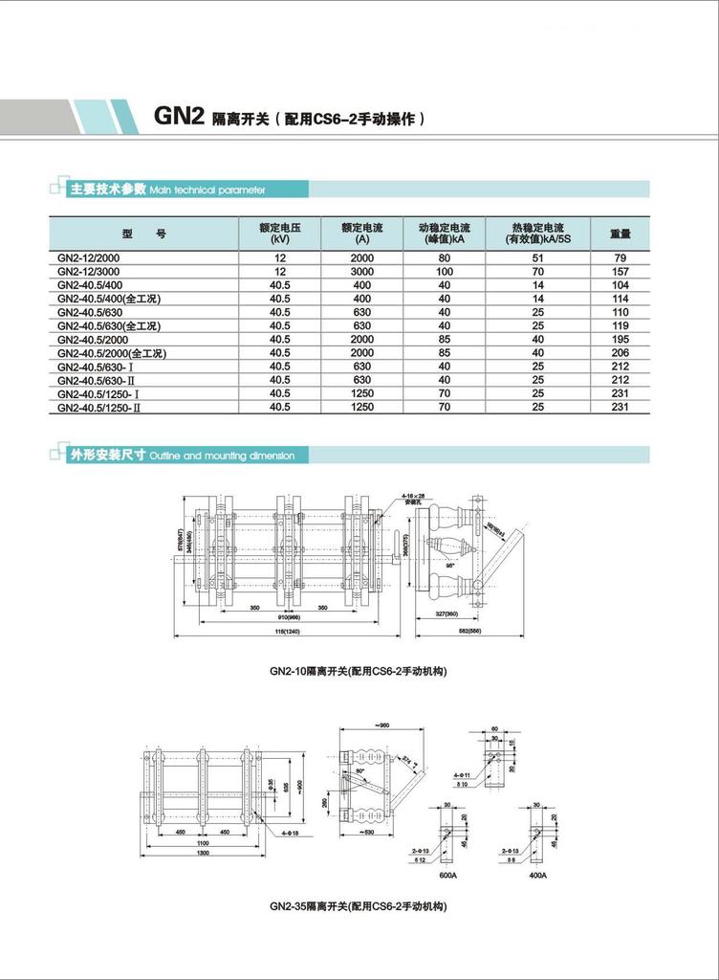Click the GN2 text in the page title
(x=176, y=117)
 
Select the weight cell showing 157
(x=619, y=272)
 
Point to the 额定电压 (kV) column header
(x=279, y=234)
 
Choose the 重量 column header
(x=620, y=233)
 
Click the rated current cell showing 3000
(x=361, y=272)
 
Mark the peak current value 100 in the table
(x=444, y=272)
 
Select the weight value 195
(x=619, y=340)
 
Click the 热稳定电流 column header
(x=537, y=234)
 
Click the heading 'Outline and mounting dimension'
(x=222, y=457)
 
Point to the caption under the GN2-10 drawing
(x=359, y=671)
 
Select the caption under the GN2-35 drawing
(x=359, y=905)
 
